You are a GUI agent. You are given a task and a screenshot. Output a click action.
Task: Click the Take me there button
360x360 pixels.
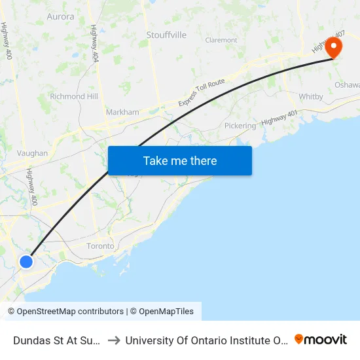180,160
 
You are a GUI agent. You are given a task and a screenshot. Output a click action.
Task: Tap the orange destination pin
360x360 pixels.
333,47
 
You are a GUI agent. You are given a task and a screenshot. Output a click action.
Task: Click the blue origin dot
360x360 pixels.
26,262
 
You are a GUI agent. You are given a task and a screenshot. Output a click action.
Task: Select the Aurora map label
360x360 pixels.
60,16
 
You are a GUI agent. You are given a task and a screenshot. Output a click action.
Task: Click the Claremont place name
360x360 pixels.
221,40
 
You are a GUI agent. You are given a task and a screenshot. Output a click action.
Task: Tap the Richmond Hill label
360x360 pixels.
74,96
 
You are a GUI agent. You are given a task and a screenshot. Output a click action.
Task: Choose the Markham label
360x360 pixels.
122,112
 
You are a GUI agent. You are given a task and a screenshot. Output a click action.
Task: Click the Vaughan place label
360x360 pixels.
32,153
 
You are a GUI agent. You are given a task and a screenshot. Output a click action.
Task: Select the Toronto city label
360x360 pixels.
101,246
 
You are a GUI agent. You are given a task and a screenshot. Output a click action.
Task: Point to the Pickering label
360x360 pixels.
240,125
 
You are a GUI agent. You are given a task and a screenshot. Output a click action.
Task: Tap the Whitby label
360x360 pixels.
311,96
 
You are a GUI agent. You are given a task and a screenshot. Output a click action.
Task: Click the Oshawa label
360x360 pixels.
347,85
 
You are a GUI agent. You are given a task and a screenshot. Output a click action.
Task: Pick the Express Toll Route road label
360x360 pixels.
202,92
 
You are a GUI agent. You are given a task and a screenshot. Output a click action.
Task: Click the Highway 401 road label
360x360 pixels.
279,118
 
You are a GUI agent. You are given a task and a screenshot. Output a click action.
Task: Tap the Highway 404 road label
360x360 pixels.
95,43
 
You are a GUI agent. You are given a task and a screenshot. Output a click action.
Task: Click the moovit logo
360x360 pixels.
321,340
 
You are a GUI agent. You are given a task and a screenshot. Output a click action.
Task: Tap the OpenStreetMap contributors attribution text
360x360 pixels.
65,312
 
